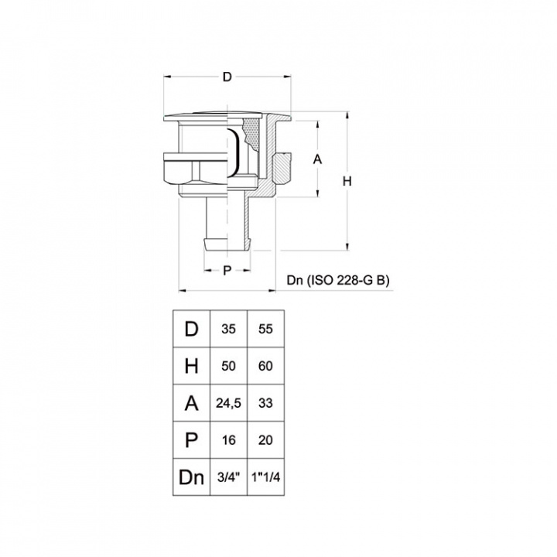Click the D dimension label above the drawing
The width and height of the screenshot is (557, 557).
tap(227, 77)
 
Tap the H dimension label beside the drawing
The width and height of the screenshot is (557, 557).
tap(347, 181)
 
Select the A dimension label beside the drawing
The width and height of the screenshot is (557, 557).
tap(317, 159)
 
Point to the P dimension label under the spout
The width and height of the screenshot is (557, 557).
tap(227, 270)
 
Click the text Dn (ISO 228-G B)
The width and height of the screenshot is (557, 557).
tap(338, 280)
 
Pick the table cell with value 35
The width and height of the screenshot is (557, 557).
tap(228, 329)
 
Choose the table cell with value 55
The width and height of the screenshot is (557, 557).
tap(265, 329)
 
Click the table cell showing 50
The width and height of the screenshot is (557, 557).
tap(228, 366)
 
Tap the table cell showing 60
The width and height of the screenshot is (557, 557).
tap(265, 366)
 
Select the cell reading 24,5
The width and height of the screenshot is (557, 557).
tap(228, 403)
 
